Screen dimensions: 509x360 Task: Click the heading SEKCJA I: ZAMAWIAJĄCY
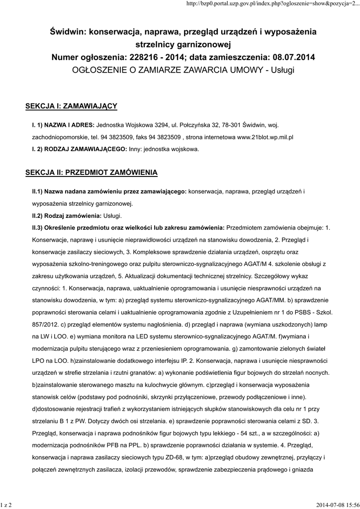pyautogui.click(x=71, y=106)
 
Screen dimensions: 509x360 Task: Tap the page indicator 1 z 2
pyautogui.click(x=6, y=504)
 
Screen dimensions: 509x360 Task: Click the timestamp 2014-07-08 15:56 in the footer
pyautogui.click(x=337, y=504)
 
